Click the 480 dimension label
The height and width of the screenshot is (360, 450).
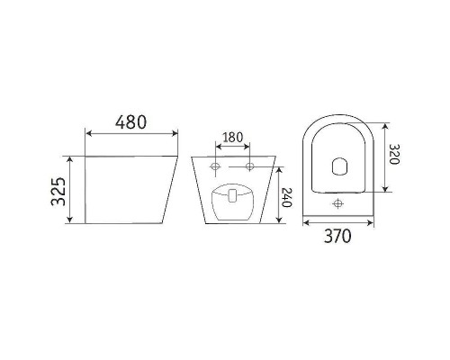pyautogui.click(x=131, y=121)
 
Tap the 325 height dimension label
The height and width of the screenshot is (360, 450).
pyautogui.click(x=58, y=192)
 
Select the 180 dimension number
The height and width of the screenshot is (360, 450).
pyautogui.click(x=232, y=137)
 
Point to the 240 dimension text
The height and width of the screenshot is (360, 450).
pyautogui.click(x=287, y=197)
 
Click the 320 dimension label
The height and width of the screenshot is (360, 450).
pyautogui.click(x=394, y=154)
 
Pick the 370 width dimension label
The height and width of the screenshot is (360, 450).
pyautogui.click(x=337, y=236)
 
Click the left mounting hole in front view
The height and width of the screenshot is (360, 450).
pyautogui.click(x=215, y=166)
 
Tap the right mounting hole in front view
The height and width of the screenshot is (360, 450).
pyautogui.click(x=249, y=166)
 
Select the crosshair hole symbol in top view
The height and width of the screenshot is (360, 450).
pyautogui.click(x=338, y=203)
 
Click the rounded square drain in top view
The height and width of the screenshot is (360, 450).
pyautogui.click(x=339, y=166)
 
